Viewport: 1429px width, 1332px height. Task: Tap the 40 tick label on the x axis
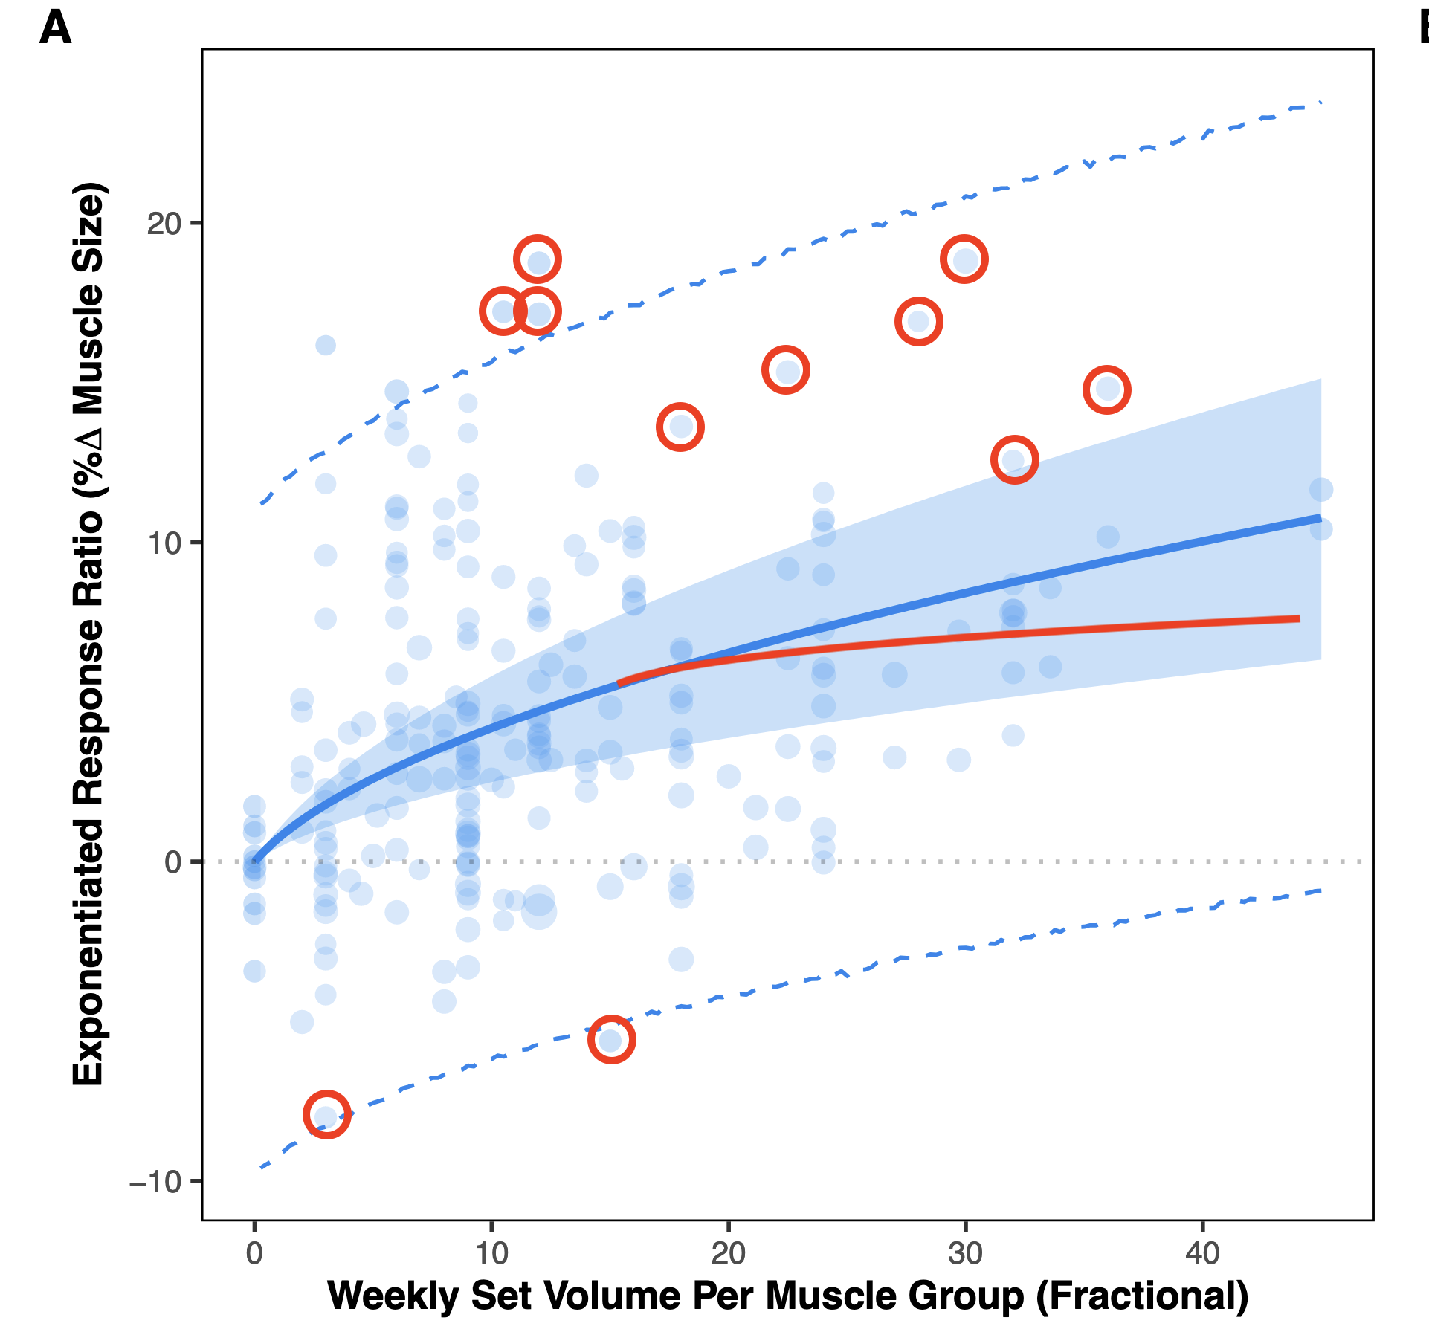(x=1202, y=1254)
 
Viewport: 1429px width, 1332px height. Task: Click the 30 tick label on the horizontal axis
(x=965, y=1254)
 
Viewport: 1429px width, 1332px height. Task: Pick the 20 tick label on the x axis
(x=728, y=1254)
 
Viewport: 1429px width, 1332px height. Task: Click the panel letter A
(x=55, y=30)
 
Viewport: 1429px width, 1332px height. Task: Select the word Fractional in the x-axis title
(x=1142, y=1296)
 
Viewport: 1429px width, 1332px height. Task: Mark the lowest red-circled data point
(x=326, y=1115)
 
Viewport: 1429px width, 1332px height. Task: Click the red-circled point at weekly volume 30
(x=964, y=259)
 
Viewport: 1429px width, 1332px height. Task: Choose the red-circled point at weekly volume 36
(x=1107, y=389)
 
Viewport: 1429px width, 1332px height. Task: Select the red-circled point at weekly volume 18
(x=680, y=427)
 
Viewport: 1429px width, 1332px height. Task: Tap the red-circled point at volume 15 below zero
(x=611, y=1039)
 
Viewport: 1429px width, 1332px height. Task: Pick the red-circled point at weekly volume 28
(x=919, y=321)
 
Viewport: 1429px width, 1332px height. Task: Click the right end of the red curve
(x=1297, y=618)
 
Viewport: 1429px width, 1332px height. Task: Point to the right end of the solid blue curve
(x=1320, y=517)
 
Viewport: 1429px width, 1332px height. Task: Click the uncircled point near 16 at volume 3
(x=326, y=345)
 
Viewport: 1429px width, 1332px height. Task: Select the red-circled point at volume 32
(x=1014, y=460)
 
